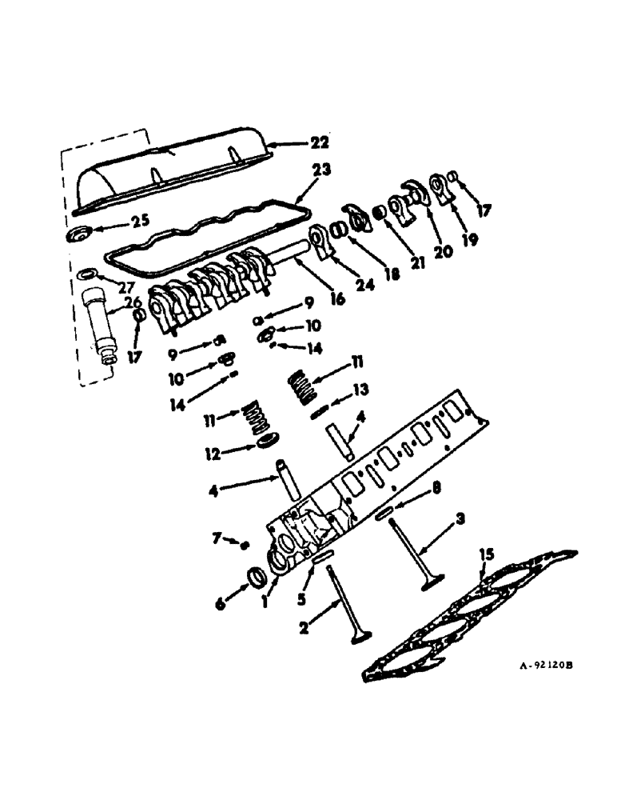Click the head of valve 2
[x=360, y=636]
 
